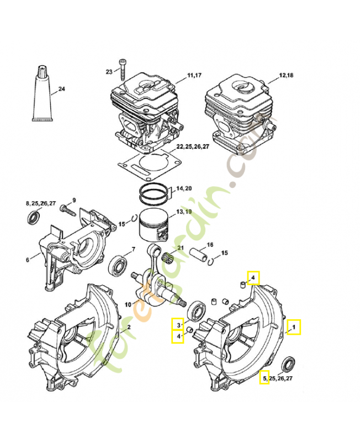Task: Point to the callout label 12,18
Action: click(x=287, y=75)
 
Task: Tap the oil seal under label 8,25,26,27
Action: click(x=34, y=218)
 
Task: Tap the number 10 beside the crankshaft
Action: click(x=128, y=304)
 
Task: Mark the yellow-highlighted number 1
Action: click(x=294, y=327)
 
